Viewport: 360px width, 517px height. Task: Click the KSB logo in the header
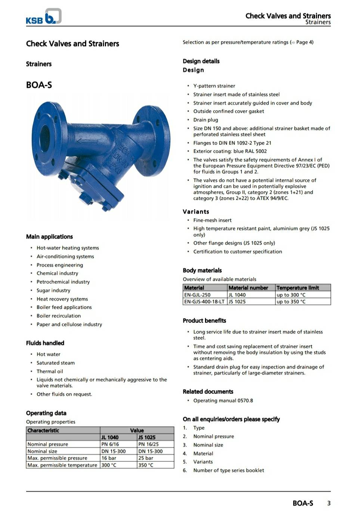[43, 17]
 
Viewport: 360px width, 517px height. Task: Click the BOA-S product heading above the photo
[39, 85]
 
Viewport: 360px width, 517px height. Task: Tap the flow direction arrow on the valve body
[87, 141]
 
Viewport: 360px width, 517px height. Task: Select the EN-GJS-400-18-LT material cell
[205, 302]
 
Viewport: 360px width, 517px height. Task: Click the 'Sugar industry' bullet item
[53, 290]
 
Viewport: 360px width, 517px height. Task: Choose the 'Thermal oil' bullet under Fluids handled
[50, 371]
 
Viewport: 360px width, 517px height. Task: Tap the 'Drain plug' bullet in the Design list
[205, 120]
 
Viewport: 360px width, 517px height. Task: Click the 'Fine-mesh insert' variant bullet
[212, 220]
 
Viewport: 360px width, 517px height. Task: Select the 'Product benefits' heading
[204, 321]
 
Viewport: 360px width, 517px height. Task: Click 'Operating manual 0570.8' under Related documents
[223, 401]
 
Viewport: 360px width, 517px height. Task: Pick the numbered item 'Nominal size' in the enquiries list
[208, 445]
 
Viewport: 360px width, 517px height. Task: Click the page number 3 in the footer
[329, 503]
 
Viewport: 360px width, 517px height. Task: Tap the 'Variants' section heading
[196, 212]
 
